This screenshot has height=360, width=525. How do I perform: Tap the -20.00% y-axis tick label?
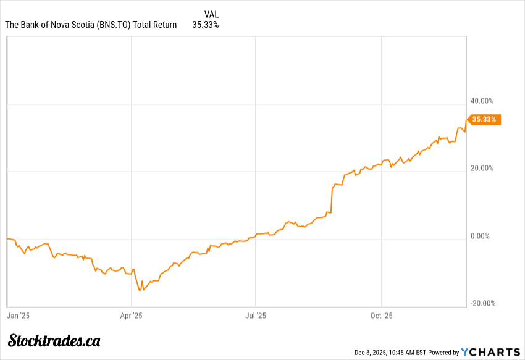(483, 303)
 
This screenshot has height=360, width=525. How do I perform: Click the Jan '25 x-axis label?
(18, 316)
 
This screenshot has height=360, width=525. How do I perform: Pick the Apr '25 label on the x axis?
(131, 316)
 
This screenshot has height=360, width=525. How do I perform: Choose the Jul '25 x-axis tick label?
(256, 316)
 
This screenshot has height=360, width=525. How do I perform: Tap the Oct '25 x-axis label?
(381, 316)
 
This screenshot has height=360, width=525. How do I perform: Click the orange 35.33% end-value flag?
(484, 120)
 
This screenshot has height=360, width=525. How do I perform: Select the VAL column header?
(211, 14)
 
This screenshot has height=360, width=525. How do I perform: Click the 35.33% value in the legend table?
(206, 25)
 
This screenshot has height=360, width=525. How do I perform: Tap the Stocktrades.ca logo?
(54, 340)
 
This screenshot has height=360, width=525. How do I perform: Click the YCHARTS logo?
(490, 352)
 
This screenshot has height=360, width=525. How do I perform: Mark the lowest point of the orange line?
(140, 290)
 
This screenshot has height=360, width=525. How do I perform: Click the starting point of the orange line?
(7, 238)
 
